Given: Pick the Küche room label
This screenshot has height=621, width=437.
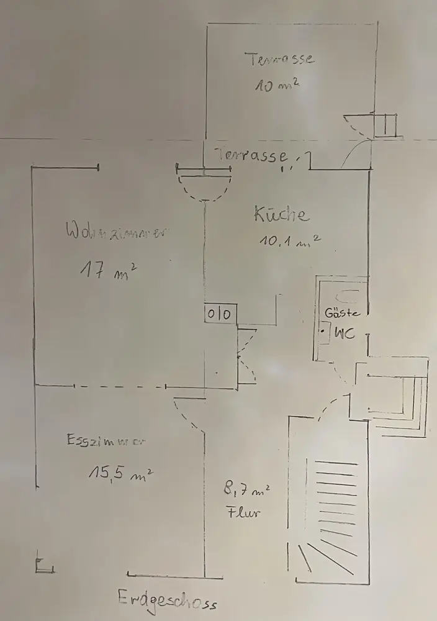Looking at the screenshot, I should pos(281,214).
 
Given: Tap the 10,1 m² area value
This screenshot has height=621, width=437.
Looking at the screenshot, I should pos(289,241).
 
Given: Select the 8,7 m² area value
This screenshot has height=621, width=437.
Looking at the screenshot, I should pos(246,492).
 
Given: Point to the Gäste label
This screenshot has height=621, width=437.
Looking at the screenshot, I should pos(342,313).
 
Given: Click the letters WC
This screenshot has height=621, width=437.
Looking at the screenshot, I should pos(345,333).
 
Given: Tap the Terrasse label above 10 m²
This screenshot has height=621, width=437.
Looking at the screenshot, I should pos(279,60).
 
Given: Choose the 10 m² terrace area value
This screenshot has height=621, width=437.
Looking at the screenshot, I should pos(277,85).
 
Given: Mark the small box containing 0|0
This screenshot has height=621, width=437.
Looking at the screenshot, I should pos(220,314).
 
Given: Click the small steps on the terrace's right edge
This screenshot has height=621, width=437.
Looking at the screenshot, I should pos(385,125).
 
